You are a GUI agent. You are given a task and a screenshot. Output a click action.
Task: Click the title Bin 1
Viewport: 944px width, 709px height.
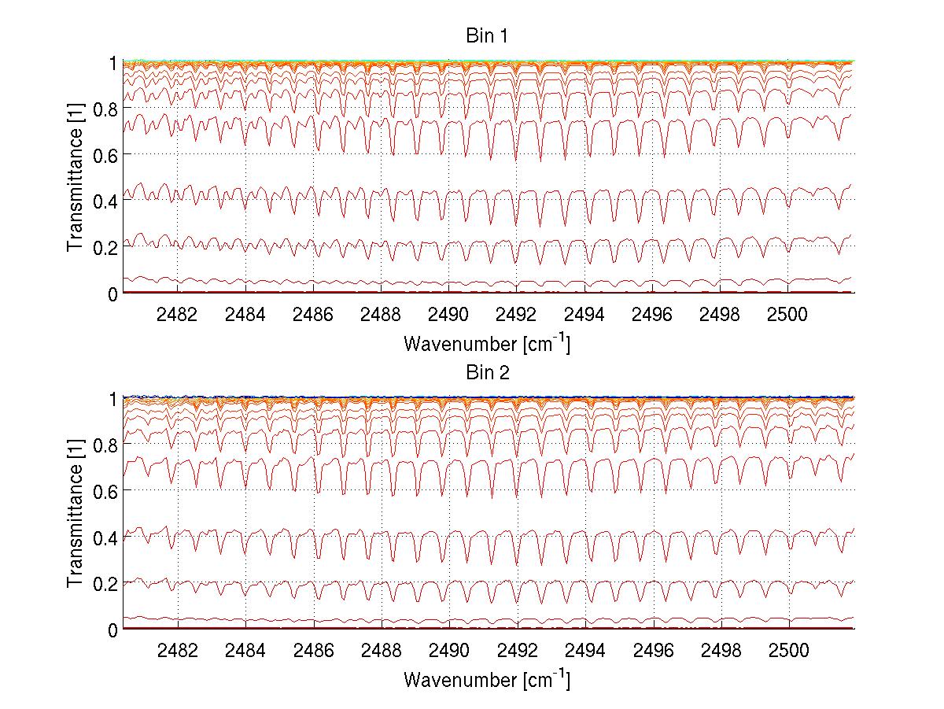click(487, 36)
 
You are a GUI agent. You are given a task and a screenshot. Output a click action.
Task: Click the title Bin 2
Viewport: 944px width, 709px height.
click(487, 372)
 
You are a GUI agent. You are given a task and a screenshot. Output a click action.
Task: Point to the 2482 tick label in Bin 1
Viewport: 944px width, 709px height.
click(178, 315)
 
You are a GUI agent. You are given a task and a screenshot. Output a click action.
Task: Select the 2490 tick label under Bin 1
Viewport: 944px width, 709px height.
click(448, 315)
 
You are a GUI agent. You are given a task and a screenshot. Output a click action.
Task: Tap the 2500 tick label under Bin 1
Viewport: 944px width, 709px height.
click(787, 315)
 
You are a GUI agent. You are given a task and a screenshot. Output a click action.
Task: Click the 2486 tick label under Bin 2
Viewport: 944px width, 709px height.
click(313, 651)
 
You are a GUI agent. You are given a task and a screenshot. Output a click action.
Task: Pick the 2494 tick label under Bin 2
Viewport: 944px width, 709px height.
click(584, 651)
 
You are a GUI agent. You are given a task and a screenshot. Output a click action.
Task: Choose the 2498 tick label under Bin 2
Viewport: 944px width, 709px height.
click(720, 651)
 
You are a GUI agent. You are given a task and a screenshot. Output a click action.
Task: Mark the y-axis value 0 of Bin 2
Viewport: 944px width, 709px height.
click(112, 630)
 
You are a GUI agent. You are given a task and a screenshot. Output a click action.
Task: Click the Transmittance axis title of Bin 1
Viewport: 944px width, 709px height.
click(76, 178)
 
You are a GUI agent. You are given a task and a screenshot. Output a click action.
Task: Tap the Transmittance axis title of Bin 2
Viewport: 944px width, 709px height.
click(76, 514)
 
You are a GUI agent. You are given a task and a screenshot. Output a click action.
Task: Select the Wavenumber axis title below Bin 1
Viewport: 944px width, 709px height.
click(487, 343)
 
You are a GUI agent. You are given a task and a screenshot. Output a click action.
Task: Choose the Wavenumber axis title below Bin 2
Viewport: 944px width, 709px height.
click(487, 679)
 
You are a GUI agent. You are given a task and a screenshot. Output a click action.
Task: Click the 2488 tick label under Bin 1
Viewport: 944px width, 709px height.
click(381, 315)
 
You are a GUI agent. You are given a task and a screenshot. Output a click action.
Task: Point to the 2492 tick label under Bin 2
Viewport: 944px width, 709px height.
click(517, 651)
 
